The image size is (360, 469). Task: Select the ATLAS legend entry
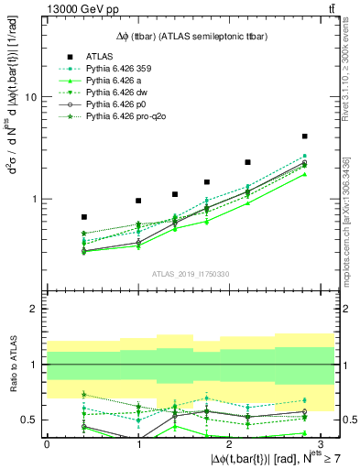tap(105, 57)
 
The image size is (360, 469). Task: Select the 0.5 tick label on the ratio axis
tap(29, 420)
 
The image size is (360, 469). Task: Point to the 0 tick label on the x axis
tap(47, 443)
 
